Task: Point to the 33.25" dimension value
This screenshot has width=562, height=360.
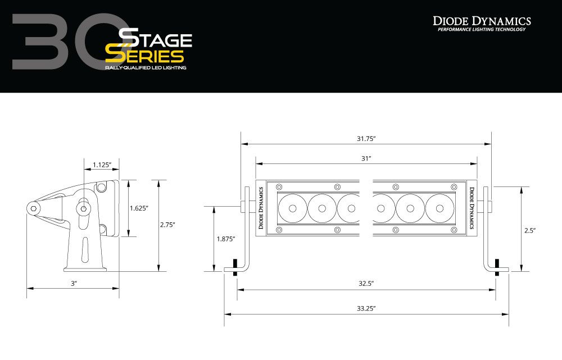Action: [366, 308]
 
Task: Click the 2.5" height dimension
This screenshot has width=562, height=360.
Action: [530, 230]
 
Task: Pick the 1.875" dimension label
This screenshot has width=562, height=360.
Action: [225, 239]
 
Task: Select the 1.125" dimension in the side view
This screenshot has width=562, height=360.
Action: [102, 165]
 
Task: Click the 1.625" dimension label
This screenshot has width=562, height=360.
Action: [139, 208]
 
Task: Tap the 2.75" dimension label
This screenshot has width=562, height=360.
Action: [167, 225]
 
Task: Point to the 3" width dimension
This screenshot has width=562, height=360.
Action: [73, 284]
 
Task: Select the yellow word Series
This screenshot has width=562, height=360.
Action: [144, 56]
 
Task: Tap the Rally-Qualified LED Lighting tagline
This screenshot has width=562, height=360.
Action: [146, 67]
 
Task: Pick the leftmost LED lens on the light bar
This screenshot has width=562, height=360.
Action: [292, 208]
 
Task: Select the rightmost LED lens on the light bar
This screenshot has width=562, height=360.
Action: [439, 208]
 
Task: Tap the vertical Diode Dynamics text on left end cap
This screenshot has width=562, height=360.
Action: [261, 208]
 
